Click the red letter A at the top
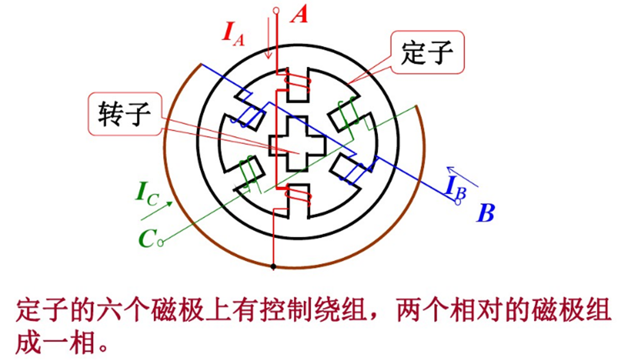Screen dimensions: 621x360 click(300, 15)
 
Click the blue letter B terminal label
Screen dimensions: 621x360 click(485, 213)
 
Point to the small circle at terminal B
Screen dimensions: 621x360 click(458, 202)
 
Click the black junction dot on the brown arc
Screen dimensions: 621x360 click(274, 267)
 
